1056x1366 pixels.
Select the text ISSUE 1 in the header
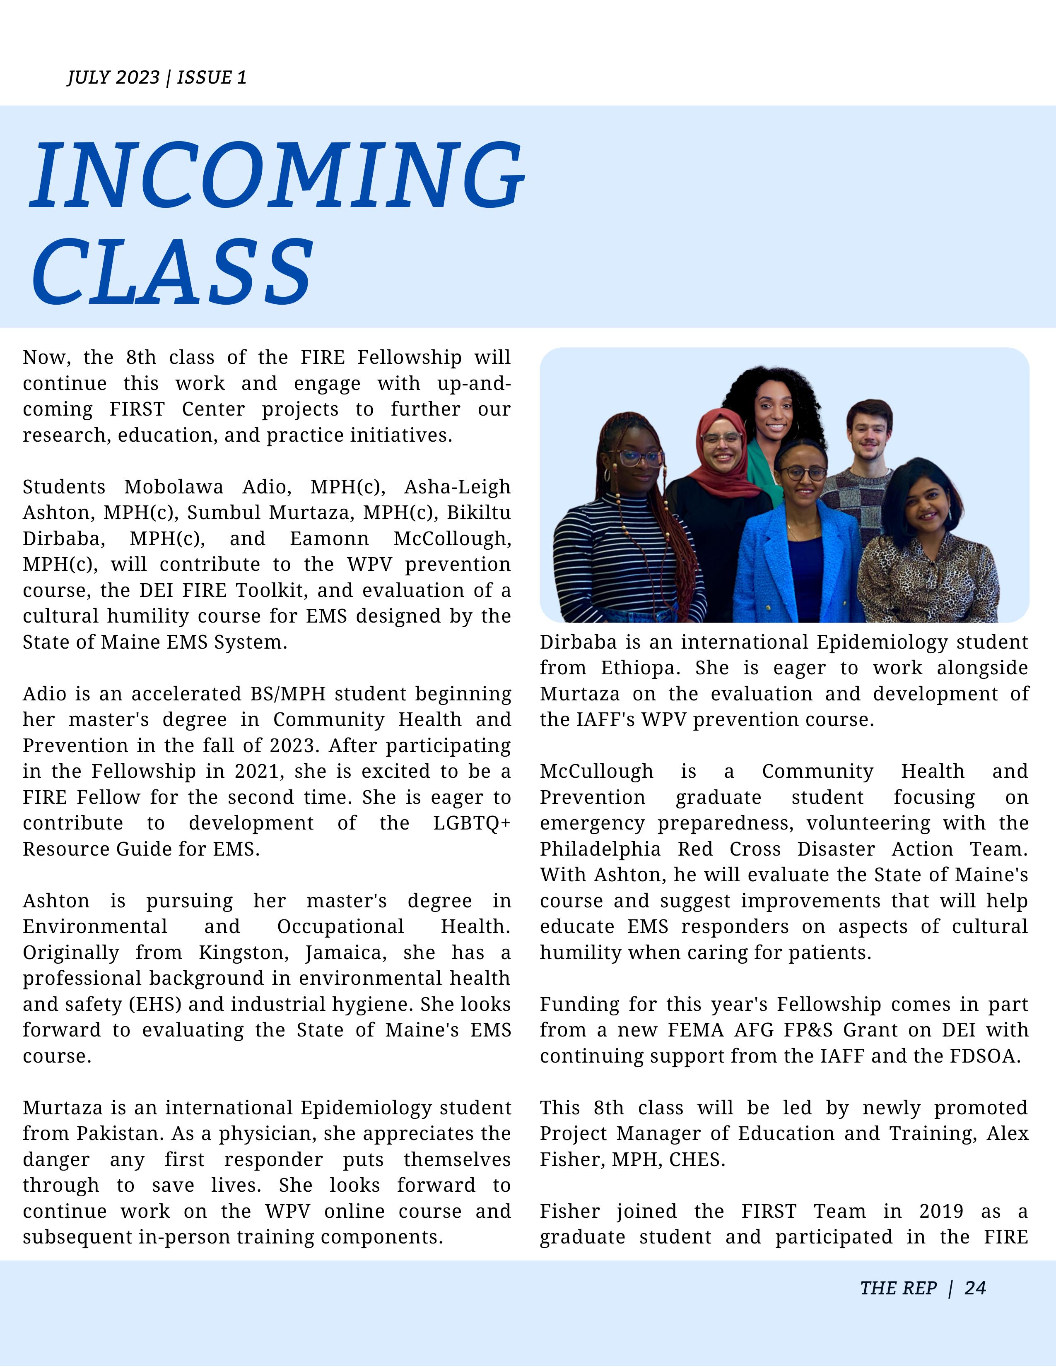[212, 77]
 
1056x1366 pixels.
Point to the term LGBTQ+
[472, 823]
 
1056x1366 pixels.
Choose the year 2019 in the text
[941, 1212]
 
